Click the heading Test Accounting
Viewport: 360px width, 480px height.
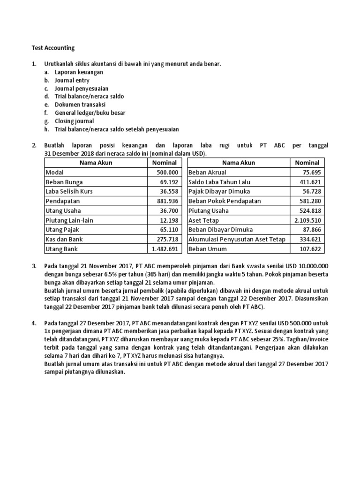(x=53, y=48)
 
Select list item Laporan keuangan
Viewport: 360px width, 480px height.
(x=79, y=72)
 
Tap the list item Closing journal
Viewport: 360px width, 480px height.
(x=74, y=121)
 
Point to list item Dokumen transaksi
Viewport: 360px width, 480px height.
(x=80, y=105)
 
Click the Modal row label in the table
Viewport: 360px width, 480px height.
(x=54, y=172)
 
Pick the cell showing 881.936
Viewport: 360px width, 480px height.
(x=166, y=201)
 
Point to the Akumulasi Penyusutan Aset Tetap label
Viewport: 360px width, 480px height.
(x=237, y=239)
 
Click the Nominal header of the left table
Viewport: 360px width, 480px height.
(x=164, y=163)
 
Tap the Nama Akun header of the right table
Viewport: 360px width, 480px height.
(x=239, y=163)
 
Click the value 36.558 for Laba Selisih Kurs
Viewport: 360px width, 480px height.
(x=168, y=191)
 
